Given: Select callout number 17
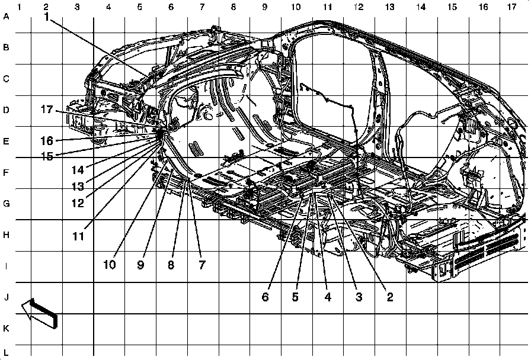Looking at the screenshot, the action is [x=47, y=110].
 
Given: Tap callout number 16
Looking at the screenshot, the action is [x=47, y=141].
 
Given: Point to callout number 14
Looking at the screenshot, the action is [x=78, y=169].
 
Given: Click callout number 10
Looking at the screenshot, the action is [x=109, y=265].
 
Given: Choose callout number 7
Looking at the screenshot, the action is [x=201, y=265].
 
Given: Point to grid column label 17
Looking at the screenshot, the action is [x=511, y=7].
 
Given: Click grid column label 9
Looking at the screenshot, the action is [x=264, y=7].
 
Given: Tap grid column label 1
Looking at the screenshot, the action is [x=20, y=7].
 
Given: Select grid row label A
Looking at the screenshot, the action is [x=7, y=17].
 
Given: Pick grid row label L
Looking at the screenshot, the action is [x=7, y=352].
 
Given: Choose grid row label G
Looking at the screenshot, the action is [x=7, y=204].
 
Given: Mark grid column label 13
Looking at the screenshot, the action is [x=389, y=7].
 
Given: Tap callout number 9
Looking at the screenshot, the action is [x=140, y=265].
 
